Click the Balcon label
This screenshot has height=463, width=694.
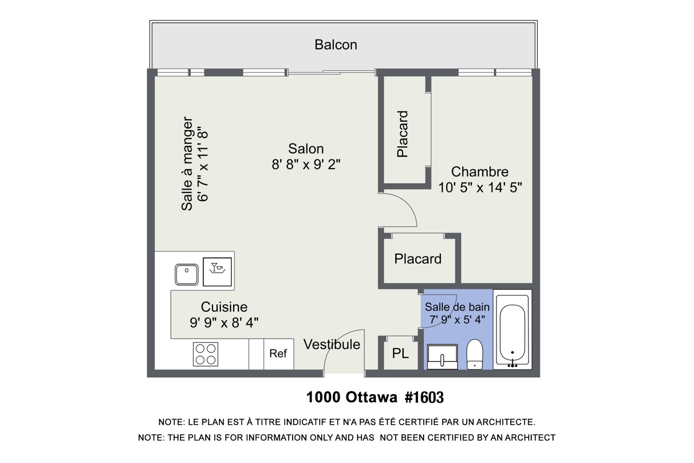coord(335,45)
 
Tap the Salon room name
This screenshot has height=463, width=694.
coord(306,149)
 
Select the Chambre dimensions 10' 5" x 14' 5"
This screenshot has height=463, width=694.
coord(480,187)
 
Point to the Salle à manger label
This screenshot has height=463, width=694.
coord(187,163)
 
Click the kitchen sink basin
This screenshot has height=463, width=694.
coord(187,275)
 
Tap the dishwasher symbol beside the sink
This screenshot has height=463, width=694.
coord(217,272)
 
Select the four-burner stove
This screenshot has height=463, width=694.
coord(205,354)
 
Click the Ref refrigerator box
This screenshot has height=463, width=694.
coord(278,353)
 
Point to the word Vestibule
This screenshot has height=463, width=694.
coord(331,344)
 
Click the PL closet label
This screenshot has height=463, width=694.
coord(400,353)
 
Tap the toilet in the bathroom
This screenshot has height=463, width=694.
coord(475,354)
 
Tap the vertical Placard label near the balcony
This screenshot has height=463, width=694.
coord(402,134)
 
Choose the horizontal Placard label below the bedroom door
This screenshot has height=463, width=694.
coord(418,259)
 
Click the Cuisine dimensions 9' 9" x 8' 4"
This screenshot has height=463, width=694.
coord(224,322)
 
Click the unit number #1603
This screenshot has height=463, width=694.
coord(424,398)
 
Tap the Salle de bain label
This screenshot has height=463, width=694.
coord(457,307)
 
